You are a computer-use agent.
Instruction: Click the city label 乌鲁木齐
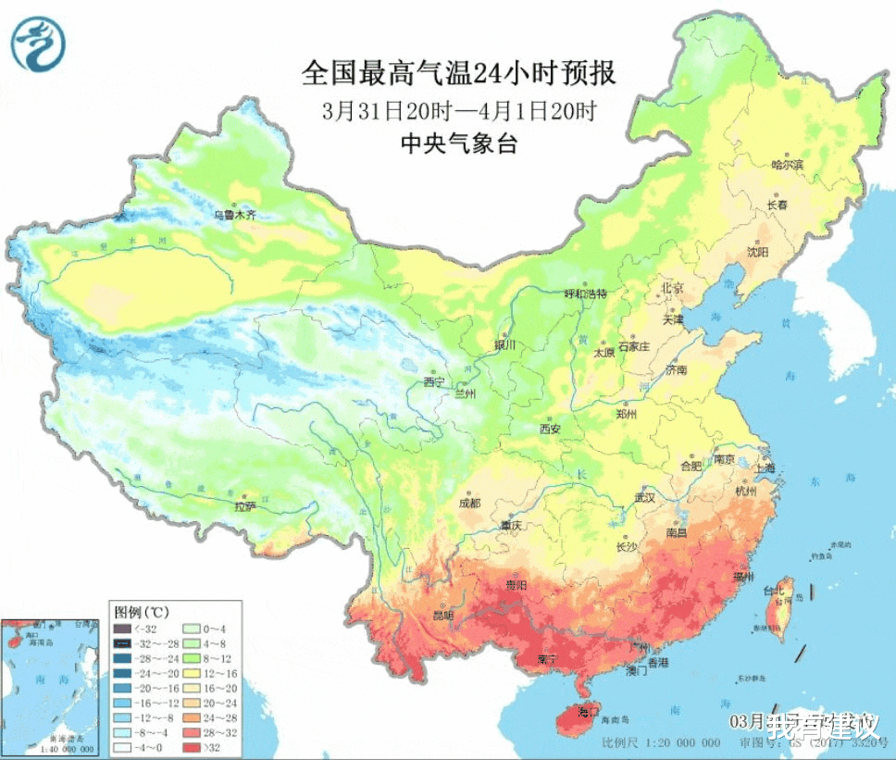(x=234, y=214)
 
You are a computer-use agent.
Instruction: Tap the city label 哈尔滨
(x=788, y=164)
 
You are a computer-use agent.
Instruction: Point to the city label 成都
(x=469, y=503)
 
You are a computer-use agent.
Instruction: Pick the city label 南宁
(x=548, y=660)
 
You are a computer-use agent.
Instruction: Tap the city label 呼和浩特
(x=585, y=293)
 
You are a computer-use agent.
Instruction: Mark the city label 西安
(x=550, y=429)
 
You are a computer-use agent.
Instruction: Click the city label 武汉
(x=644, y=497)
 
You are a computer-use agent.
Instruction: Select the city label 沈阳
(x=759, y=251)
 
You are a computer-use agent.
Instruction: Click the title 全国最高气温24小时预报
(x=459, y=72)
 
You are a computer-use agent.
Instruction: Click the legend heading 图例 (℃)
(x=141, y=612)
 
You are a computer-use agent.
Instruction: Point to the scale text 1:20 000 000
(x=674, y=742)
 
